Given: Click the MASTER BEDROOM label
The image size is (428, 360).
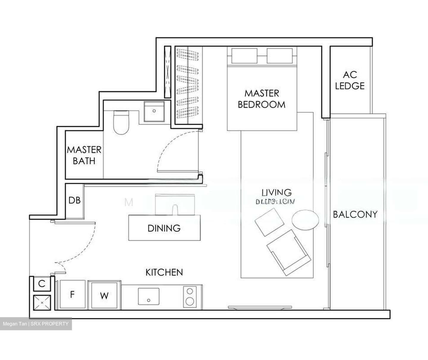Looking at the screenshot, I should (262, 99).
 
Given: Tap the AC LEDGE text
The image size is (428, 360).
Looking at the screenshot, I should (350, 80).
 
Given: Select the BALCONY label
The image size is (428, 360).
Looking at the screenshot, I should (355, 214).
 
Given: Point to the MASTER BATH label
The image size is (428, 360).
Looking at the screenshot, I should (84, 155).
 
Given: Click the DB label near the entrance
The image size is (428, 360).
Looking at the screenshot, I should (75, 200).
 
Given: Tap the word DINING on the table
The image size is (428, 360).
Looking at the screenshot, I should (164, 228).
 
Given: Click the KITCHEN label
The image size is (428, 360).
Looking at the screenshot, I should (164, 272).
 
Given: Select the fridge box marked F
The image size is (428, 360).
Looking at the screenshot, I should (72, 295).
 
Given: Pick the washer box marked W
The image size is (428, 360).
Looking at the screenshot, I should (104, 296).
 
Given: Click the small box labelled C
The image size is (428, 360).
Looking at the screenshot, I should (42, 284).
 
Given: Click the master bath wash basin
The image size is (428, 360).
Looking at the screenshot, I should (154, 111).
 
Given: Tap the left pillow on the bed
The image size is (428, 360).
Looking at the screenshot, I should (244, 56).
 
